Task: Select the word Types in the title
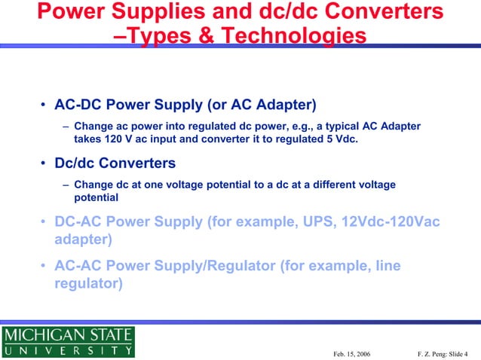tap(161, 37)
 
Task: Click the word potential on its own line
tap(96, 198)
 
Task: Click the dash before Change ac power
tap(66, 126)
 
